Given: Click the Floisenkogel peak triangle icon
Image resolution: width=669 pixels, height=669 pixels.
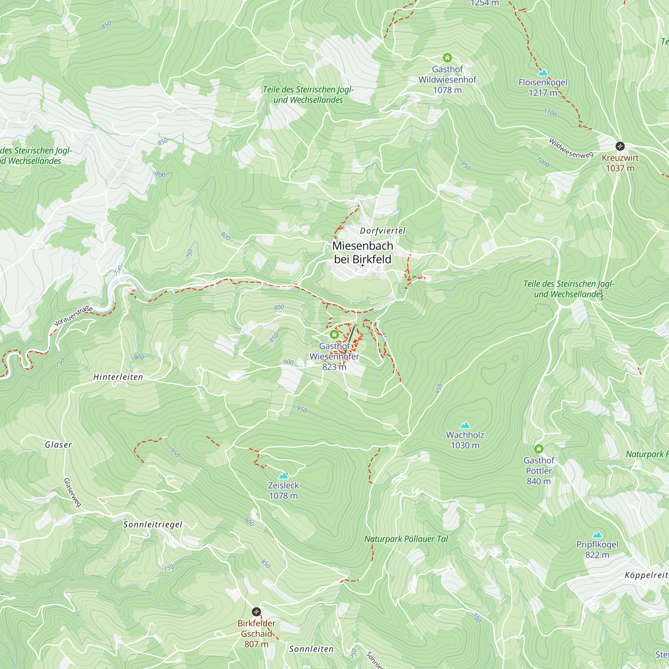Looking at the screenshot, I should tap(543, 73).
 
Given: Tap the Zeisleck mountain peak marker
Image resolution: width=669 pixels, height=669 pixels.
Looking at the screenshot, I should tap(283, 476).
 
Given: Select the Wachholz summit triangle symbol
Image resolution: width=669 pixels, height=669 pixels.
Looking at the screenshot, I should tap(465, 425).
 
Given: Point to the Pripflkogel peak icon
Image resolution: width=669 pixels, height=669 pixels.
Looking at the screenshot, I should tap(597, 535).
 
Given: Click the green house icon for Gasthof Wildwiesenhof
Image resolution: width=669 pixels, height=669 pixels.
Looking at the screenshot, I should tap(447, 58).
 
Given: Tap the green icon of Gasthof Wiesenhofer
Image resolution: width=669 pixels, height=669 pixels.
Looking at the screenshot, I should tap(334, 334).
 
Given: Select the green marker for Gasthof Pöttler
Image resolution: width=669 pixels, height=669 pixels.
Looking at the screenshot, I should tap(539, 449).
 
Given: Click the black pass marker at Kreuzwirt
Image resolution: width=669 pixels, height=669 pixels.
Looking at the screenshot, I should tap(620, 146).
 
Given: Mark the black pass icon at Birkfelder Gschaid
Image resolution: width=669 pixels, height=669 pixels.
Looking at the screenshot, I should tap(256, 612).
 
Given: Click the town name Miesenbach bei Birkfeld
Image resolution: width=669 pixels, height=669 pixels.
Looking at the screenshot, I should tap(363, 253).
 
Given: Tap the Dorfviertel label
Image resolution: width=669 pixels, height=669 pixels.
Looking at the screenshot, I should tap(383, 231).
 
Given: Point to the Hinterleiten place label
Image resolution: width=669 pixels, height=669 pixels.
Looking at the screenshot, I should tap(118, 377).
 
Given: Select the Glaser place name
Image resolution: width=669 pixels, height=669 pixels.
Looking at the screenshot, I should tap(59, 445).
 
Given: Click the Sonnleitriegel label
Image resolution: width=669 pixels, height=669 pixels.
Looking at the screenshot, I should tap(153, 524).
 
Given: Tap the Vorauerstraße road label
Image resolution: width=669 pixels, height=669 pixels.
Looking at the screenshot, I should tap(73, 316).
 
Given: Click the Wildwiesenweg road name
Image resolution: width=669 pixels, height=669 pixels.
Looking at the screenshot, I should tap(571, 149).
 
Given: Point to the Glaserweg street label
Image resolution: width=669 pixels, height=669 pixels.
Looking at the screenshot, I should tap(72, 492).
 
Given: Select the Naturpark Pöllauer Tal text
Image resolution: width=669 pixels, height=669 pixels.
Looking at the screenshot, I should tap(406, 539).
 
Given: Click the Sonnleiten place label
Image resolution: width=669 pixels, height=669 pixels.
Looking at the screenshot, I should tap(311, 649).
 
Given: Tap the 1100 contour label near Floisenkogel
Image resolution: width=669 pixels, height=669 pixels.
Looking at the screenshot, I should tap(550, 112).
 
